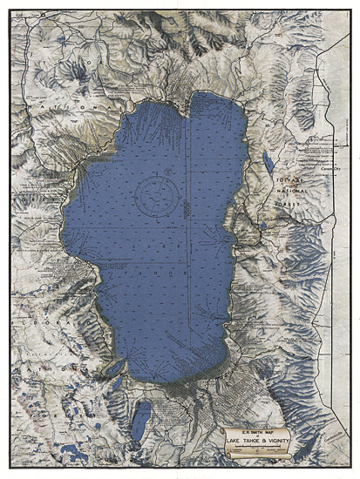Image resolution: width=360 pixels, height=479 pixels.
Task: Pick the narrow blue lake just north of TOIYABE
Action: click(269, 161)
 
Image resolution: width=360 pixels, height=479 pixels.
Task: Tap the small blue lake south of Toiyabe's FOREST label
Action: click(262, 228)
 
